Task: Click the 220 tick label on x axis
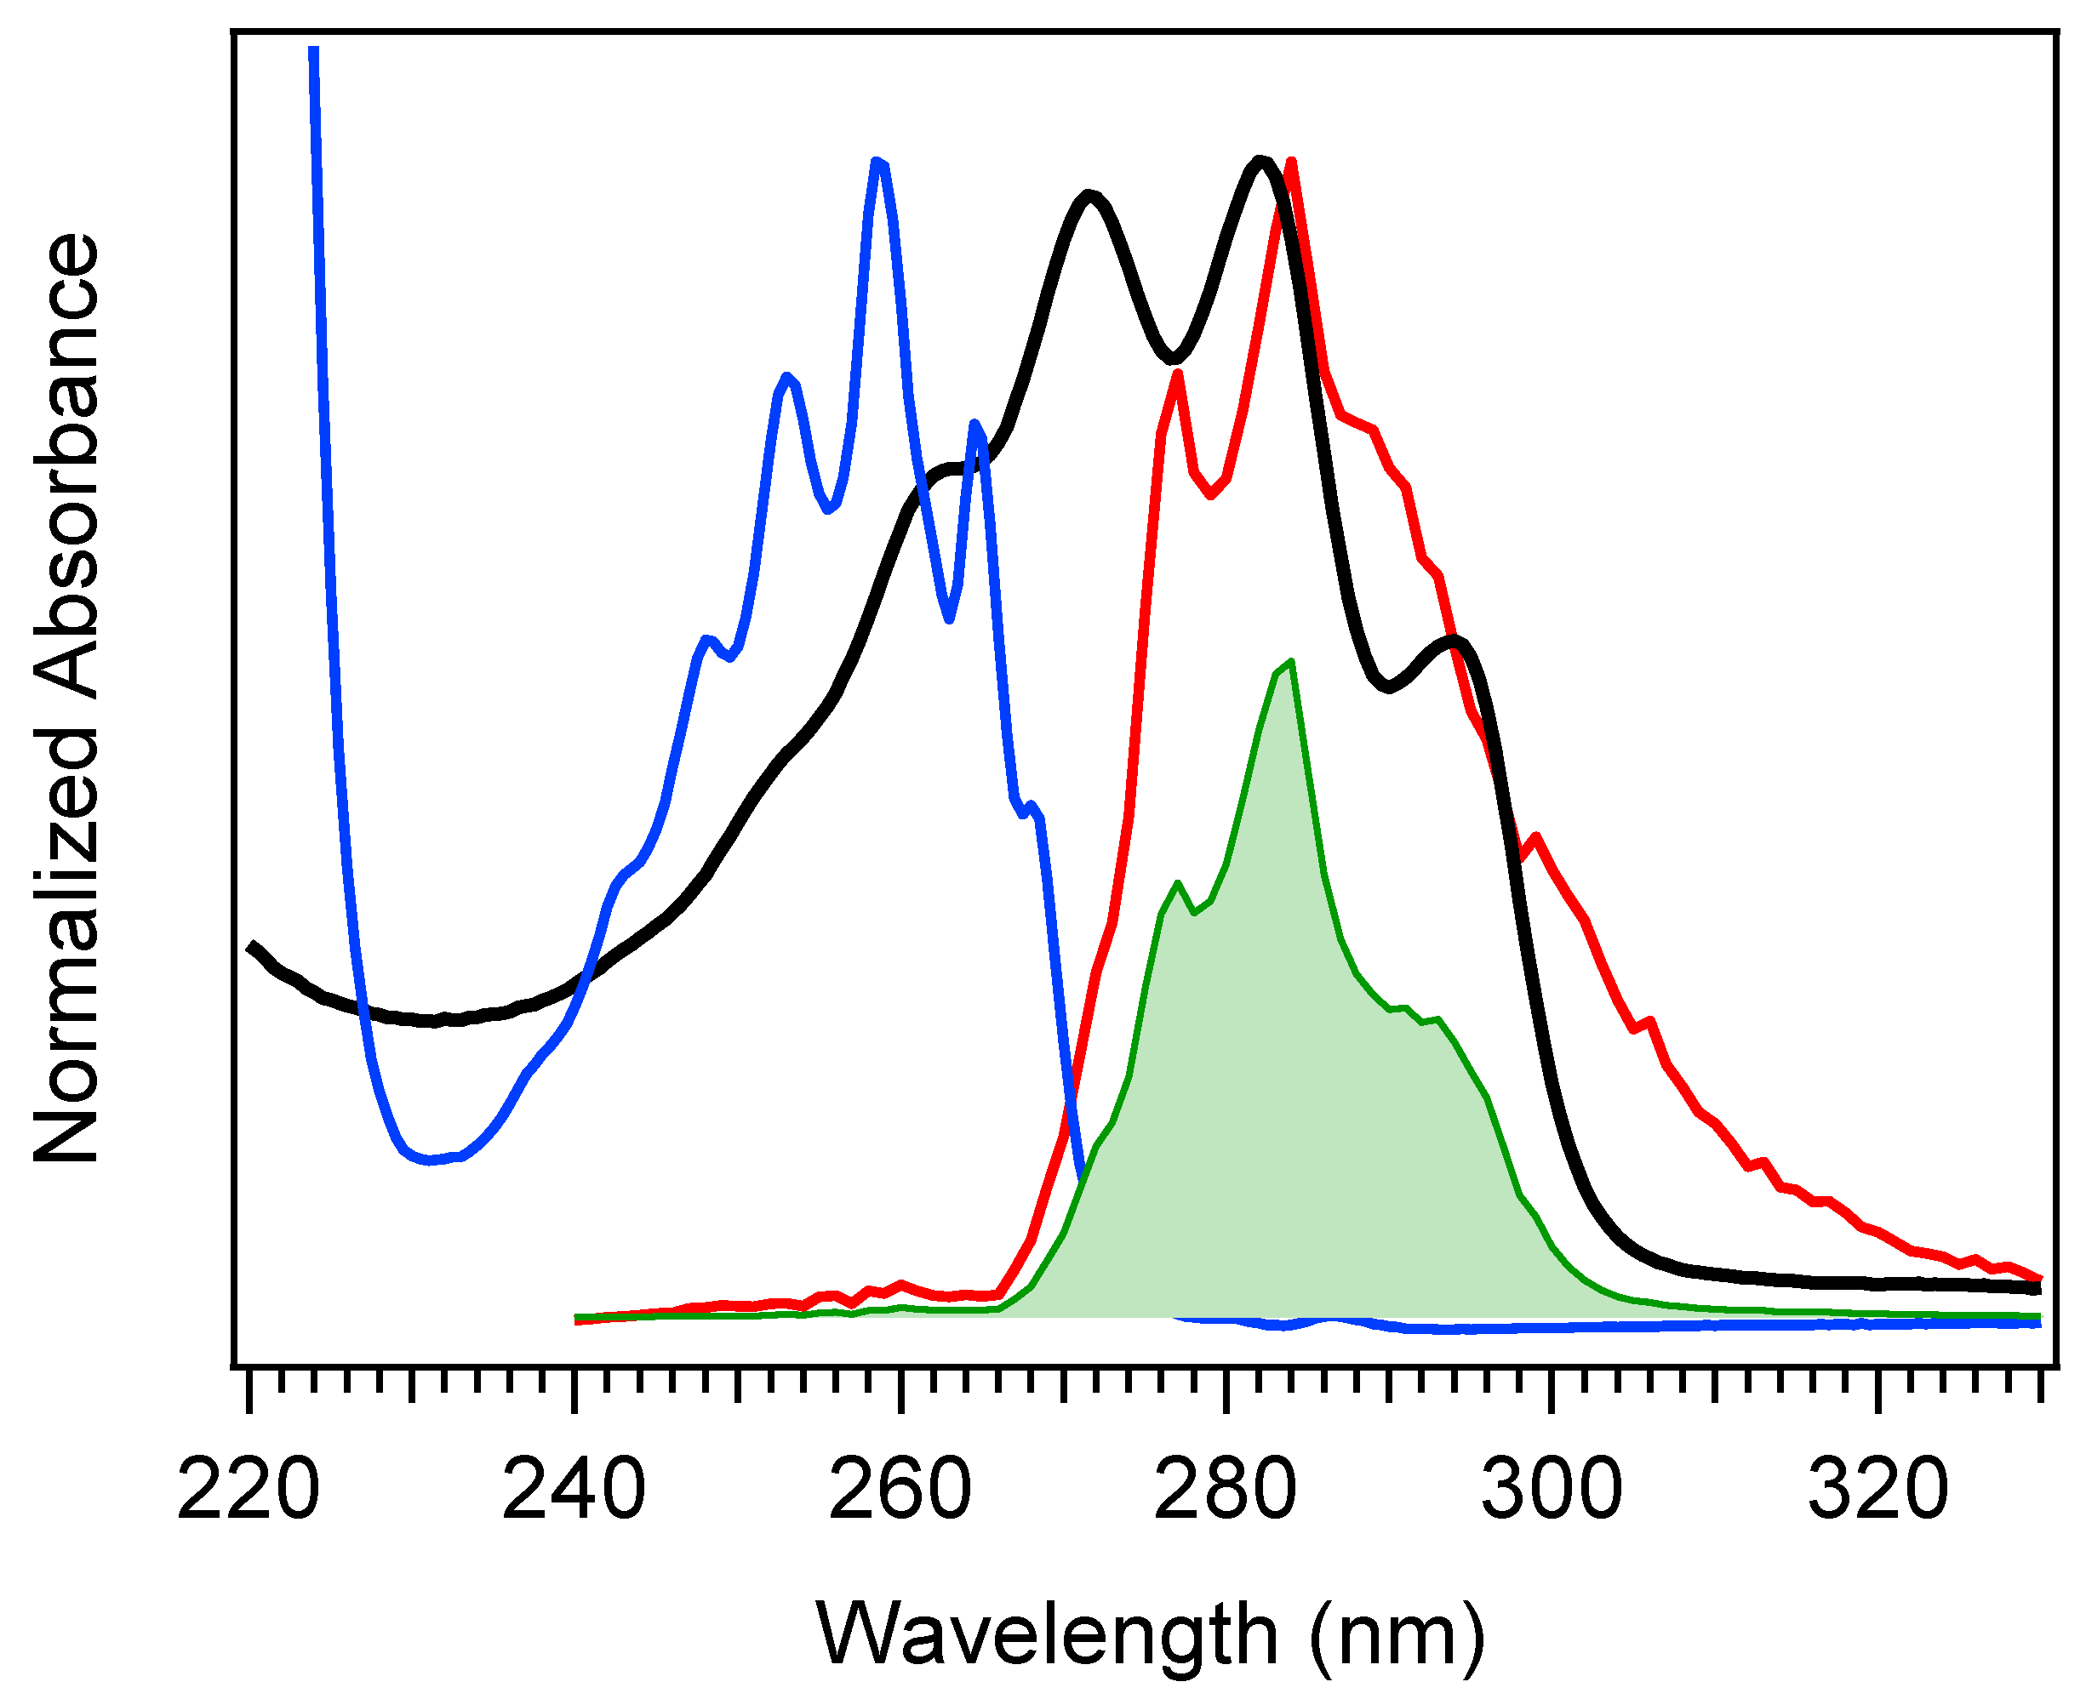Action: point(249,1490)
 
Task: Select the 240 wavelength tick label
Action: point(574,1490)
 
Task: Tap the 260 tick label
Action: point(900,1490)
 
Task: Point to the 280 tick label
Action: point(1226,1490)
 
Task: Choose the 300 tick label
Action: point(1552,1490)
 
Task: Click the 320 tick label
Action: point(1877,1490)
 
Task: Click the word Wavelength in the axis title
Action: point(1047,1633)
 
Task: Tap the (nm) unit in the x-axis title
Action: point(1397,1633)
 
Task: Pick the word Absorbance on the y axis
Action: point(66,465)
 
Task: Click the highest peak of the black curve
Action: point(1260,162)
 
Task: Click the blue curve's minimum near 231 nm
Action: point(428,1160)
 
